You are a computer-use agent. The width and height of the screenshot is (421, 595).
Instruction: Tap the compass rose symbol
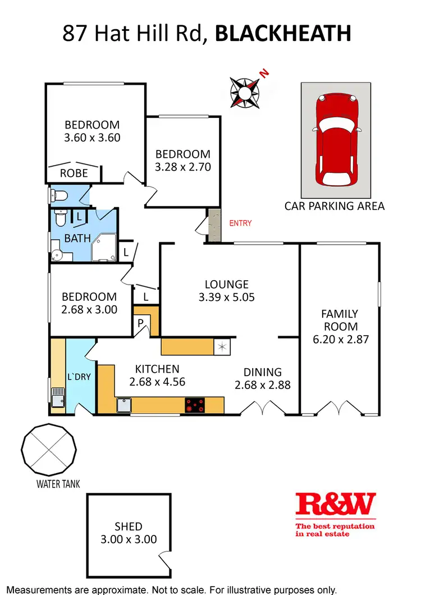[x=245, y=92]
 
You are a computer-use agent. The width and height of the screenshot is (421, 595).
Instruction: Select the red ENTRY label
[x=240, y=223]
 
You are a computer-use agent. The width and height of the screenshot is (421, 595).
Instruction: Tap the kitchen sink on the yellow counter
[x=124, y=405]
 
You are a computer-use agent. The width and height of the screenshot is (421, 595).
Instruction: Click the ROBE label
[x=74, y=173]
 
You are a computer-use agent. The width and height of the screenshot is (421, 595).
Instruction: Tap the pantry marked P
[x=141, y=323]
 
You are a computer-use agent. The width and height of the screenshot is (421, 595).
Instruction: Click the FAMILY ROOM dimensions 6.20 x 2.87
[x=339, y=339]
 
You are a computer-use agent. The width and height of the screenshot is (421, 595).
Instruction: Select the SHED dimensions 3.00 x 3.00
[x=129, y=539]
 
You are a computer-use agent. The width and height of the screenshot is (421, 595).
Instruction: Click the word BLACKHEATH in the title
[x=283, y=34]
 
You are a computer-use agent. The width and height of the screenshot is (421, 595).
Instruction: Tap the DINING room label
[x=262, y=372]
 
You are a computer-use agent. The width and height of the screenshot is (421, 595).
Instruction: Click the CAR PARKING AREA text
[x=335, y=206]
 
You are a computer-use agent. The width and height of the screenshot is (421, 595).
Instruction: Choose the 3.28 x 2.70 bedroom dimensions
[x=183, y=166]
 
